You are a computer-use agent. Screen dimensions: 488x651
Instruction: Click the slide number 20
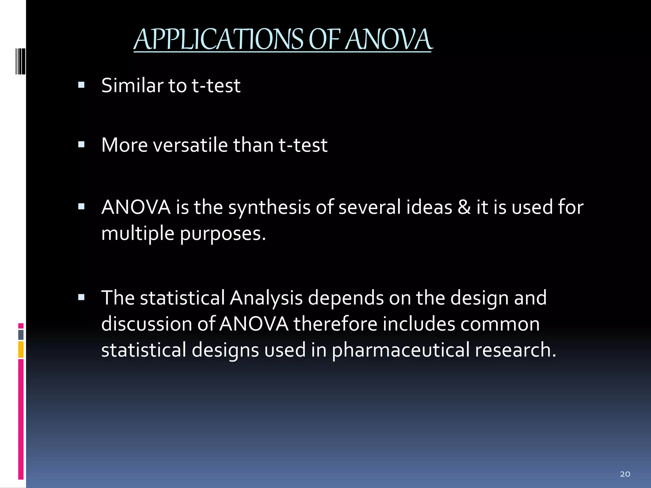[625, 474]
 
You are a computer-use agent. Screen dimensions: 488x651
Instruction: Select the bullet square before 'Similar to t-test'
[81, 85]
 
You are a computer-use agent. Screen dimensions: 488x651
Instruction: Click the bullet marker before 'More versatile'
[81, 145]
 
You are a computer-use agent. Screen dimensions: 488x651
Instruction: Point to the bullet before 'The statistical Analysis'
[81, 298]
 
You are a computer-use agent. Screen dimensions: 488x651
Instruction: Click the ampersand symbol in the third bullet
[464, 207]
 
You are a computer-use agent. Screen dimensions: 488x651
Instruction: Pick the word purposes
[223, 234]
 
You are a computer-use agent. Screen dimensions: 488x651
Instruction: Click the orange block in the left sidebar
[21, 349]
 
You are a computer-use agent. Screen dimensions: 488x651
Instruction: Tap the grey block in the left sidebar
[21, 335]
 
